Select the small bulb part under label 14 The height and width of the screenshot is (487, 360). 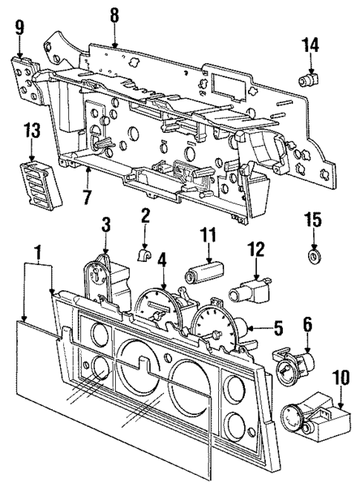click(x=306, y=78)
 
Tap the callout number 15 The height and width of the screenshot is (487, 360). click(x=314, y=220)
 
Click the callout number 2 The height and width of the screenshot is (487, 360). click(x=146, y=216)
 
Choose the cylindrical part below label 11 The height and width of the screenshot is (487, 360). click(x=203, y=273)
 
